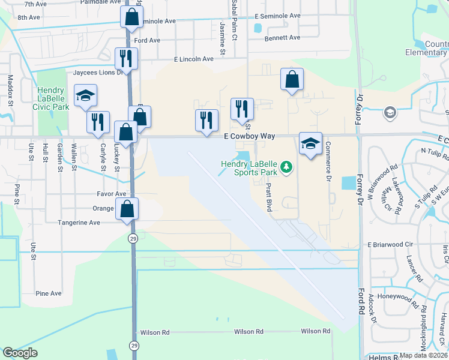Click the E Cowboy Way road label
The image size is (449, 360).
tap(249, 137)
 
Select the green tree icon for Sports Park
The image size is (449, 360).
tap(287, 166)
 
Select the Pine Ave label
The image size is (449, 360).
tap(49, 293)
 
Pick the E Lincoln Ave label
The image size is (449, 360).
tap(193, 59)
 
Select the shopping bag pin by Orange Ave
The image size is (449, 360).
tap(127, 209)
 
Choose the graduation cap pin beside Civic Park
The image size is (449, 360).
tap(85, 95)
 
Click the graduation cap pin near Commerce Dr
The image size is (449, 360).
tap(310, 143)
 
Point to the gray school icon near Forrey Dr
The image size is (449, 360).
tap(390, 112)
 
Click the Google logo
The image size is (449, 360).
tap(20, 353)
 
